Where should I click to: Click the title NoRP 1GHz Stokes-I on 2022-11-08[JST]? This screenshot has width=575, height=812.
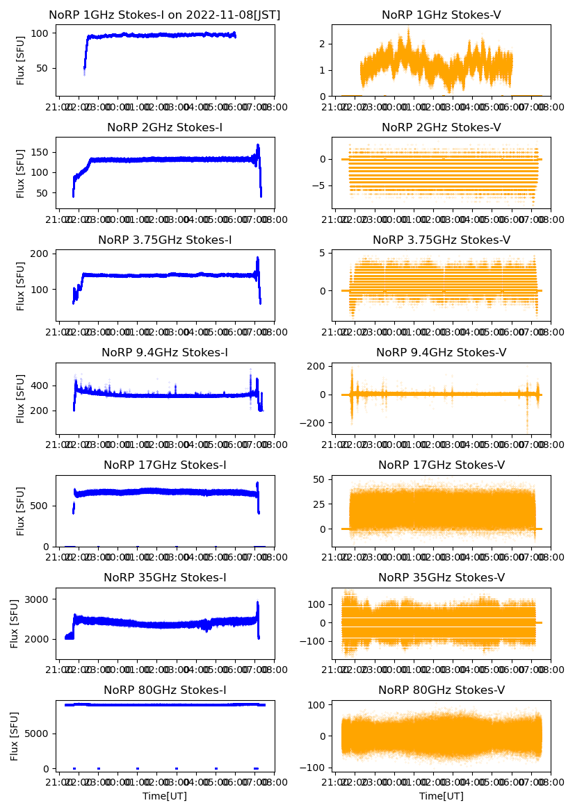(165, 15)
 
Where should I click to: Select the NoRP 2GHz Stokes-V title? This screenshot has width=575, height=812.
(441, 128)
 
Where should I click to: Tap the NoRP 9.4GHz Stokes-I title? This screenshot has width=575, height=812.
(165, 353)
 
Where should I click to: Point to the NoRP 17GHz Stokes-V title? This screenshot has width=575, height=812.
(441, 465)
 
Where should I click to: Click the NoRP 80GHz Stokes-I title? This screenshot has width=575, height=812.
(165, 690)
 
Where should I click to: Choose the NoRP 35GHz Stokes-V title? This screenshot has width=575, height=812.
(441, 578)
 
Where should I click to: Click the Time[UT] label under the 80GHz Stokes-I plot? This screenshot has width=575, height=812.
(165, 796)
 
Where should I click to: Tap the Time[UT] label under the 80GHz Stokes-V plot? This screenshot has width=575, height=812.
(441, 796)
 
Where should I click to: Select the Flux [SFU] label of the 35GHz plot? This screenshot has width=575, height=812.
(15, 623)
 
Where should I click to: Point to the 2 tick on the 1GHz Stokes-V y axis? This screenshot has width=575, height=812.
(323, 44)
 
